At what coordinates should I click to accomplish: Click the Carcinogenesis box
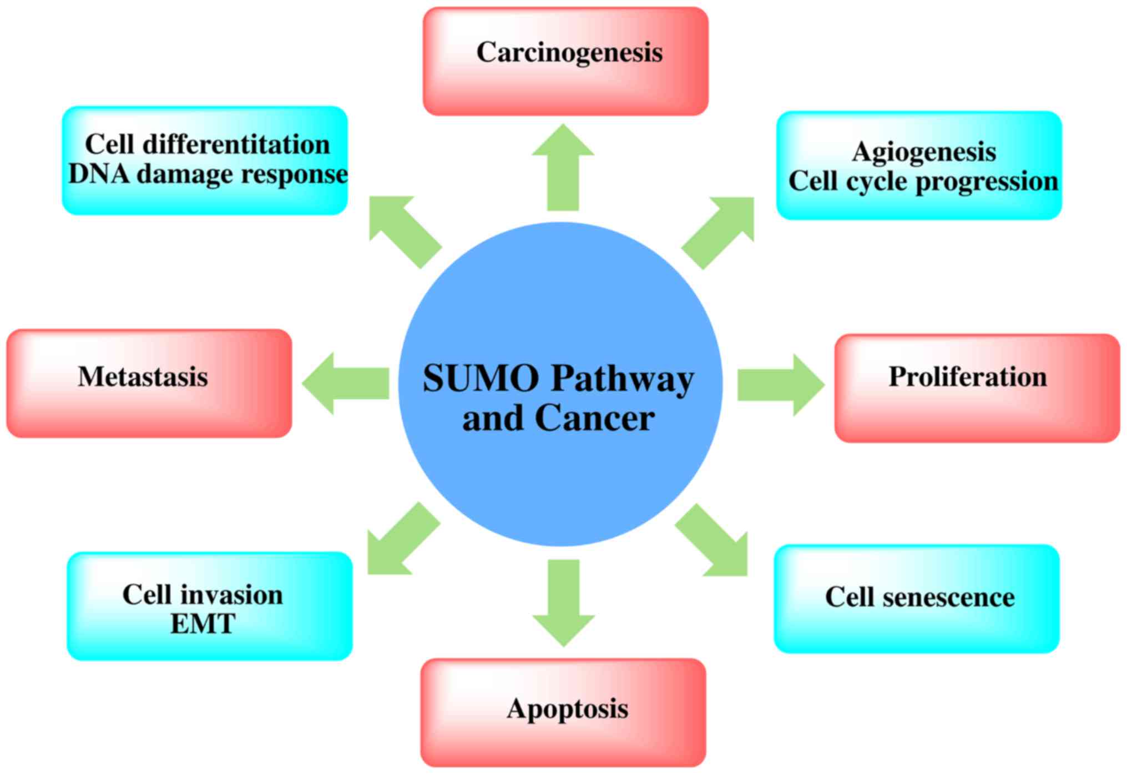click(x=565, y=61)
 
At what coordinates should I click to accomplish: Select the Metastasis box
click(x=149, y=383)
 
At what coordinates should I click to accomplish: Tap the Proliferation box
click(x=977, y=388)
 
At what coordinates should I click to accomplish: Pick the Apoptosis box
click(x=563, y=712)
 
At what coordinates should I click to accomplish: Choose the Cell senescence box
click(x=916, y=599)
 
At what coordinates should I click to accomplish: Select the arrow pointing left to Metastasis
click(x=346, y=383)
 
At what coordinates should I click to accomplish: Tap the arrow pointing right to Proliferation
click(x=780, y=385)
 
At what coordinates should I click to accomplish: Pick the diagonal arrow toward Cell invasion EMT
click(x=401, y=540)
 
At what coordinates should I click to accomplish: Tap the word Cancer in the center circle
click(x=594, y=418)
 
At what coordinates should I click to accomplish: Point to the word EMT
click(x=203, y=624)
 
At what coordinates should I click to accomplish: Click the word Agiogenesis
click(x=924, y=152)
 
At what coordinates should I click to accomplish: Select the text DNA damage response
click(x=208, y=174)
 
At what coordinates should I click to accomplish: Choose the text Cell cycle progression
click(x=923, y=181)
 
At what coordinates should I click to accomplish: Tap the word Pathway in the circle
click(x=622, y=380)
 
